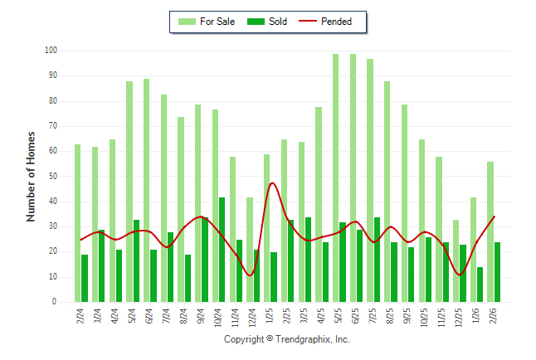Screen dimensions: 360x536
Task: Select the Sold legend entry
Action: coord(269,22)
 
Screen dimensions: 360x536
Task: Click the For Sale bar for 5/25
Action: coord(335,178)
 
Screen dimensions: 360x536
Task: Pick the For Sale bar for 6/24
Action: coord(146,190)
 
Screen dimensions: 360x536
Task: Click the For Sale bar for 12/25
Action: coord(456,260)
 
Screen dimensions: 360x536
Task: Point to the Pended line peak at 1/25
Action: coord(272,183)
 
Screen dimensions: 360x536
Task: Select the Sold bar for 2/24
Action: coord(85,278)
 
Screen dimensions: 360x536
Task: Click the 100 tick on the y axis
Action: coord(51,51)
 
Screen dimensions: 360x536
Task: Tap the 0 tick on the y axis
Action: coord(54,302)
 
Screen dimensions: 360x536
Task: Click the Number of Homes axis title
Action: coord(31,176)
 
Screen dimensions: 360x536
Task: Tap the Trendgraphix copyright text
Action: coord(286,339)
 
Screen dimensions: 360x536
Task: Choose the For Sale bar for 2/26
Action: coord(490,231)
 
